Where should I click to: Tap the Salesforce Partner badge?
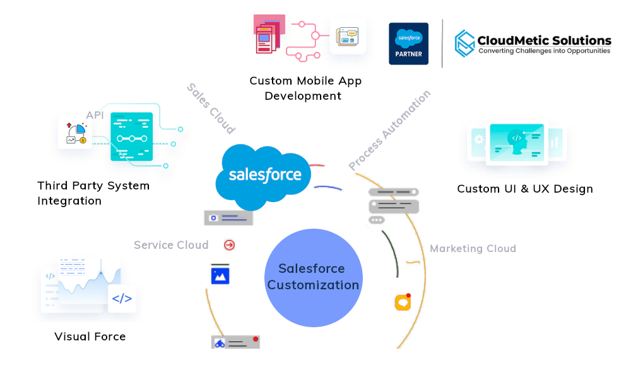pyautogui.click(x=408, y=44)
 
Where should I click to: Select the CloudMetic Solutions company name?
pyautogui.click(x=545, y=40)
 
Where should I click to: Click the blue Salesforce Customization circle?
pyautogui.click(x=313, y=277)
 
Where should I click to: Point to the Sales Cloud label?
pyautogui.click(x=211, y=108)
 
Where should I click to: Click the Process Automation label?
pyautogui.click(x=390, y=129)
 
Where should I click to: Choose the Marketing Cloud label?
pyautogui.click(x=473, y=248)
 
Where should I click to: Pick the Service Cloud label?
pyautogui.click(x=171, y=245)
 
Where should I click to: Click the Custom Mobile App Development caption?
pyautogui.click(x=305, y=88)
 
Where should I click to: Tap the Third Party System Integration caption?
pyautogui.click(x=93, y=193)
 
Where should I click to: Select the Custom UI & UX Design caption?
pyautogui.click(x=525, y=188)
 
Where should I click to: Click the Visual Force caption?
pyautogui.click(x=90, y=336)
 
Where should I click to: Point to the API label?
pyautogui.click(x=95, y=115)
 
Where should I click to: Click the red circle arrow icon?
pyautogui.click(x=229, y=244)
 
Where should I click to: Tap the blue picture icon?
pyautogui.click(x=220, y=275)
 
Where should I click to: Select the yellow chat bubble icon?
pyautogui.click(x=403, y=303)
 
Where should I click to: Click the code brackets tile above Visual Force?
pyautogui.click(x=122, y=299)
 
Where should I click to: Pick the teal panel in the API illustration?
pyautogui.click(x=131, y=136)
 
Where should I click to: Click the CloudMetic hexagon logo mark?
pyautogui.click(x=465, y=44)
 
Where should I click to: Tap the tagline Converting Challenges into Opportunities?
pyautogui.click(x=545, y=51)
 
